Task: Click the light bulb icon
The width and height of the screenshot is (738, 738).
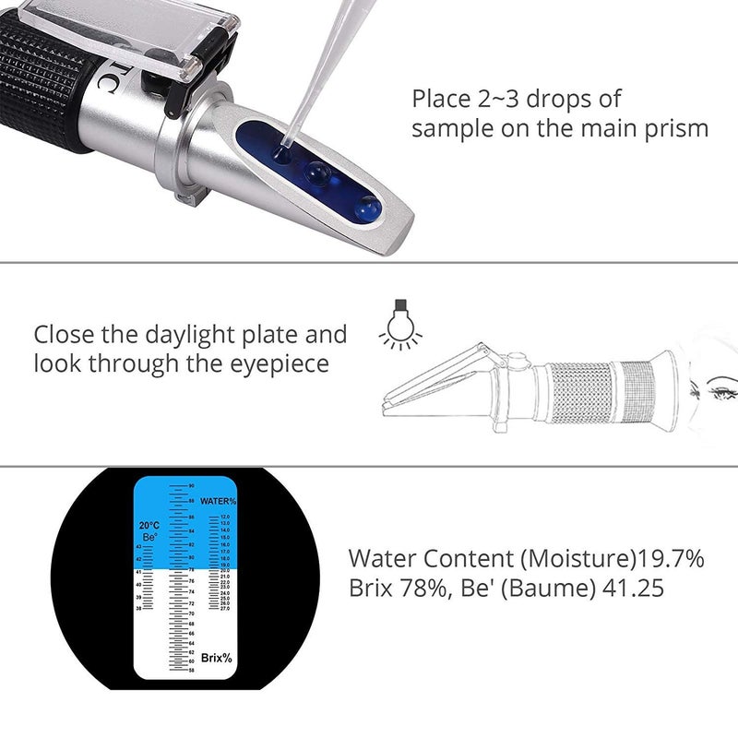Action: (x=399, y=325)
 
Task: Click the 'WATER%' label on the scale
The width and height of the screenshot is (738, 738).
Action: (x=218, y=500)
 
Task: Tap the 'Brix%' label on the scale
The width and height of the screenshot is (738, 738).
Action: (x=215, y=658)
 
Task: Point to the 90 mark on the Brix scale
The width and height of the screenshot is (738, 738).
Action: (x=191, y=485)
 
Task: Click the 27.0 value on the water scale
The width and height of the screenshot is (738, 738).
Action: (x=224, y=609)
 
